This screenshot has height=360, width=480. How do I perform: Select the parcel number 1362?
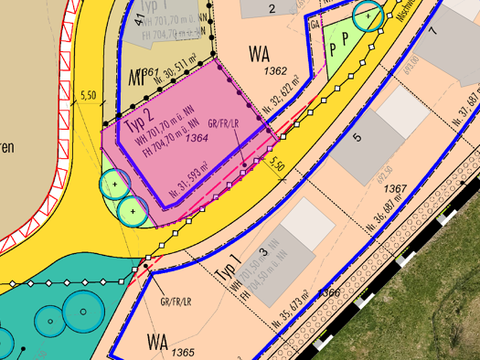(274, 70)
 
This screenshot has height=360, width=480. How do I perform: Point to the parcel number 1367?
(395, 189)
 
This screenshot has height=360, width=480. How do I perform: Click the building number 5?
(357, 138)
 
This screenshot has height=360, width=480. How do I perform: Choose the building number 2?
(272, 9)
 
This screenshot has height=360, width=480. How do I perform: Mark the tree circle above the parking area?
(368, 15)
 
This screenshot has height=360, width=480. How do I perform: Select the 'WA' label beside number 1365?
(157, 343)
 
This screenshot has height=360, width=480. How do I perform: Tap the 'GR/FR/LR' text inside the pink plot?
(223, 122)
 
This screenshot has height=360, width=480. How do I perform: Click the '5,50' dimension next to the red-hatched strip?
(89, 95)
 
